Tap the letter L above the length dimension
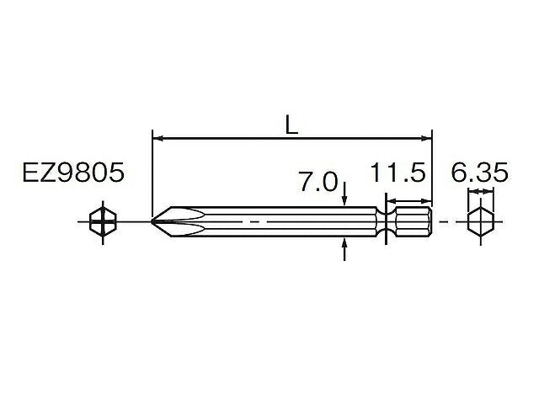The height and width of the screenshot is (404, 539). (291, 125)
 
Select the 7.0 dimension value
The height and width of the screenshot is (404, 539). (318, 181)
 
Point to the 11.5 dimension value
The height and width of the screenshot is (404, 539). (398, 174)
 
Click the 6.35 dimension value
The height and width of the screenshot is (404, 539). (478, 174)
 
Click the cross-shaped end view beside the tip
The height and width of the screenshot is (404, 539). (102, 221)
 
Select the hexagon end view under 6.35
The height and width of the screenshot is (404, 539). (479, 221)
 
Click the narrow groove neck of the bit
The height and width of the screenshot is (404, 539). (386, 221)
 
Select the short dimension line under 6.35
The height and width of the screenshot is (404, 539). (479, 194)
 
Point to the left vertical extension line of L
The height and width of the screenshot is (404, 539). (152, 173)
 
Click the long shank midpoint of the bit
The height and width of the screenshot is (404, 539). (269, 221)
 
